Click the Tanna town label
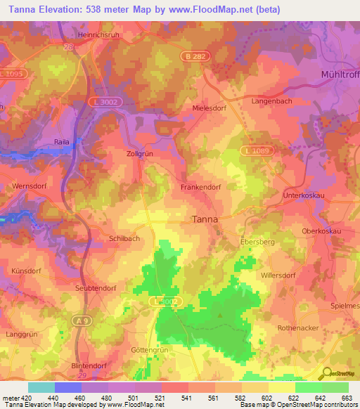point(205,219)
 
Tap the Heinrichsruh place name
point(79,33)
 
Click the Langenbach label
point(271,102)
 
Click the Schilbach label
point(124,239)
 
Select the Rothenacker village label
point(298,328)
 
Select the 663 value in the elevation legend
point(346,398)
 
